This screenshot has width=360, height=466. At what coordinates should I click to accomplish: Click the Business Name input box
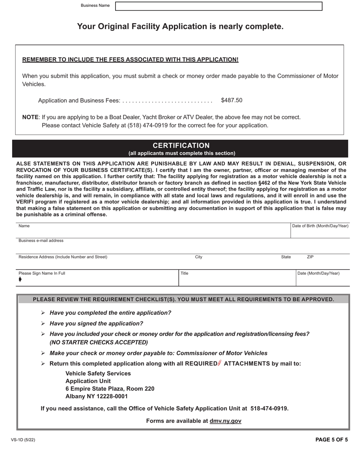(x=219, y=6)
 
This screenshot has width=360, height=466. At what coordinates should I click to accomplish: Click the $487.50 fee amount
(x=232, y=100)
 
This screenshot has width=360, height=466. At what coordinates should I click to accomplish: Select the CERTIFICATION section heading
(x=181, y=145)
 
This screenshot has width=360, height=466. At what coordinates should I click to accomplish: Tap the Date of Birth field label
(x=320, y=226)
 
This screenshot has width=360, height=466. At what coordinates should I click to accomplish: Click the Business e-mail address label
(x=41, y=241)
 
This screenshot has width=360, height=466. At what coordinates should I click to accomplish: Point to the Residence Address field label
(x=63, y=257)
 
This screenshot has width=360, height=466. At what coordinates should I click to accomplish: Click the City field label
(x=199, y=257)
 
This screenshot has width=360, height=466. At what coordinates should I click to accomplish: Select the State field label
(x=286, y=257)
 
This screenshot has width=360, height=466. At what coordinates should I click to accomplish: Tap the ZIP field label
(x=310, y=257)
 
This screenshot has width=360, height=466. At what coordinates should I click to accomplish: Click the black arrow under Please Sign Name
(x=20, y=280)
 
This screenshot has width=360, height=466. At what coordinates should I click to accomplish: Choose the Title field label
(x=185, y=274)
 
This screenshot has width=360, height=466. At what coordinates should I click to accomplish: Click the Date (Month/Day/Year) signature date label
(x=319, y=274)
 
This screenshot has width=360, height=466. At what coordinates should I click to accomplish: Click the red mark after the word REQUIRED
(x=220, y=363)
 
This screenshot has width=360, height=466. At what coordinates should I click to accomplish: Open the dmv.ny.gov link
(x=225, y=421)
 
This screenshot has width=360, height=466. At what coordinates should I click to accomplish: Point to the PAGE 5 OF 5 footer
(x=332, y=440)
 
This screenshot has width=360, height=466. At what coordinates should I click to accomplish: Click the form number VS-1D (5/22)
(x=23, y=440)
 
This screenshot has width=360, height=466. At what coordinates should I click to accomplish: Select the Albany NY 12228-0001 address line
(x=97, y=397)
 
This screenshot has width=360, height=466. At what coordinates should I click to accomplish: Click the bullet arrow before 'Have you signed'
(x=43, y=324)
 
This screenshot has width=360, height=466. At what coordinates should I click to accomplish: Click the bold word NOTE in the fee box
(x=30, y=117)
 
